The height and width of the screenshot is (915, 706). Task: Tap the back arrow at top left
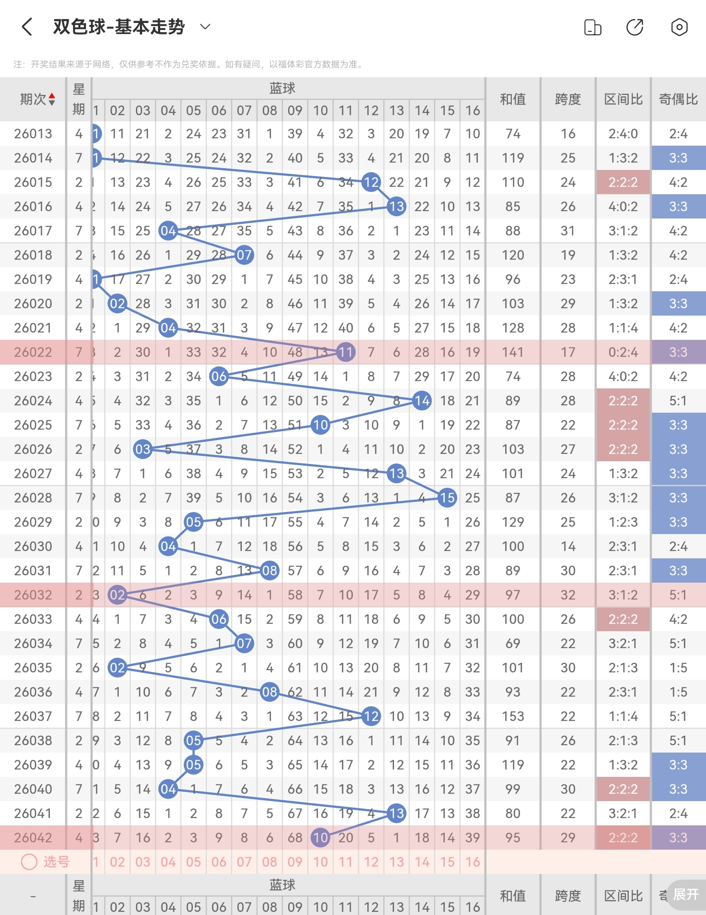[x=27, y=27]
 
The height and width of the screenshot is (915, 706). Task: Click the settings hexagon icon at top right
[x=679, y=27]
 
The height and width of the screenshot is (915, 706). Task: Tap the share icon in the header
[x=635, y=27]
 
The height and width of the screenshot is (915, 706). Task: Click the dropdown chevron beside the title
[x=205, y=27]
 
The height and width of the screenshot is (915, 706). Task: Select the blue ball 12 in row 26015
[x=371, y=182]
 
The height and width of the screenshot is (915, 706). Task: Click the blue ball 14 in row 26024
[x=422, y=401]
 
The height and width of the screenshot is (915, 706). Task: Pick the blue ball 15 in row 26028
[x=447, y=498]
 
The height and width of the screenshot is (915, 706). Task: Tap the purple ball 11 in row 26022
[x=346, y=352]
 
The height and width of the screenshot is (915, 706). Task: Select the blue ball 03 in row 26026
[x=143, y=449]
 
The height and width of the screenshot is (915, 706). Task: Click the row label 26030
[x=33, y=546]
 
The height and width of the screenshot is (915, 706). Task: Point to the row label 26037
[x=33, y=716]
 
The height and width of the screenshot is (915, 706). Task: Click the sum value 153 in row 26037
[x=513, y=716]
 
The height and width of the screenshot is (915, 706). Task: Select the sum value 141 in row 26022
[x=513, y=352]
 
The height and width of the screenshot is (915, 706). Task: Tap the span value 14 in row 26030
[x=568, y=546]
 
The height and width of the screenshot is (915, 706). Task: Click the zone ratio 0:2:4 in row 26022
[x=623, y=352]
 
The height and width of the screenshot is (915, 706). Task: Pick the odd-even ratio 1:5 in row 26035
[x=678, y=668]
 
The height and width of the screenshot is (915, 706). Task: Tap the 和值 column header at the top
[x=513, y=99]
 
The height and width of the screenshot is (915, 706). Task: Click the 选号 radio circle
[x=29, y=862]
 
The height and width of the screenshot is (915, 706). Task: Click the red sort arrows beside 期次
[x=52, y=99]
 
